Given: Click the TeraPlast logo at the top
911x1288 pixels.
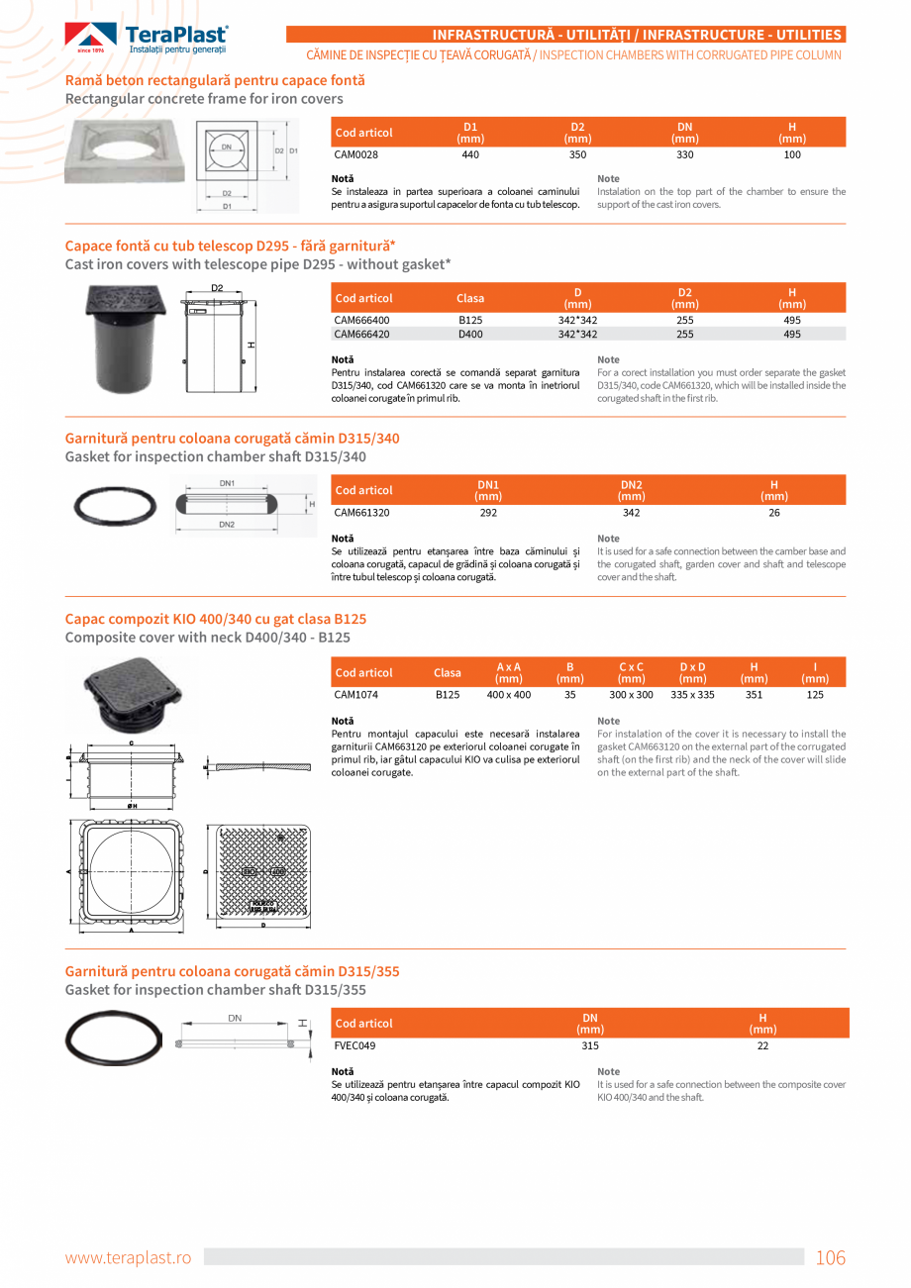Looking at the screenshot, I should [x=147, y=38].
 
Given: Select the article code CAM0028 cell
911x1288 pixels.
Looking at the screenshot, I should [x=355, y=154].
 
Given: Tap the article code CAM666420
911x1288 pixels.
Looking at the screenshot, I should [x=361, y=335].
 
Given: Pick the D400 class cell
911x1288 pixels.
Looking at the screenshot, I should [x=469, y=335].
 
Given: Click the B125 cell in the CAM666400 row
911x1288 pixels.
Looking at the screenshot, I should [x=469, y=320].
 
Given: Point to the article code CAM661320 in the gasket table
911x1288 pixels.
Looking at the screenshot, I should [x=361, y=513].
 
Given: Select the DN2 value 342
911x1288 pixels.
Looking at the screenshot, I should [x=631, y=513].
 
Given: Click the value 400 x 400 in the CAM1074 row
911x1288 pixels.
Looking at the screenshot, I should [x=508, y=695].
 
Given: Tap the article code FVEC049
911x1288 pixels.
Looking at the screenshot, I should [x=354, y=1045].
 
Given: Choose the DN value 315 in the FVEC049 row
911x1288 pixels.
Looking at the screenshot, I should [x=590, y=1045].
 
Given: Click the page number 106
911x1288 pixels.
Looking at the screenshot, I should [x=830, y=1258].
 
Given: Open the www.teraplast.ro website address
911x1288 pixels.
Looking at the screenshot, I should [x=128, y=1258].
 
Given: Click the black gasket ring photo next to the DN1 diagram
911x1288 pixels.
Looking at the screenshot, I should [x=115, y=507].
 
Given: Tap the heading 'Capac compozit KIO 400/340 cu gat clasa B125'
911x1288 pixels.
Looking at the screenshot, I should [x=215, y=619].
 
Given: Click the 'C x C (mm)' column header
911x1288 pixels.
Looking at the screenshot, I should [x=631, y=672].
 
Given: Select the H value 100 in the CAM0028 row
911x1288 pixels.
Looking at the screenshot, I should [x=792, y=154].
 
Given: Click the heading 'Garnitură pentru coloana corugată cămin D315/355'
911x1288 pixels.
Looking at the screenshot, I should [x=232, y=971].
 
